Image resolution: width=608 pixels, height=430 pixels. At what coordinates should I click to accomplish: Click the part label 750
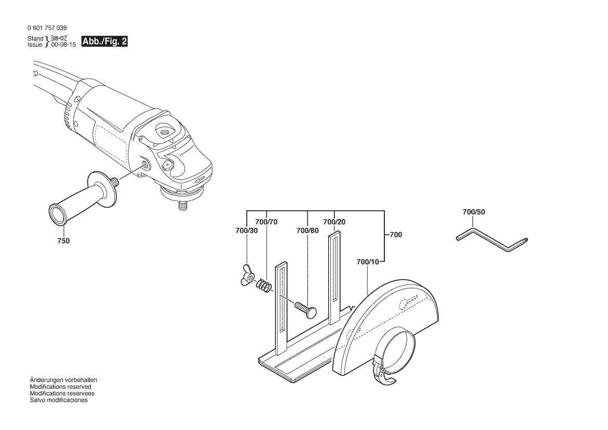[x=63, y=241]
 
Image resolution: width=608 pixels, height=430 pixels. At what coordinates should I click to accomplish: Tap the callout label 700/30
[x=246, y=231]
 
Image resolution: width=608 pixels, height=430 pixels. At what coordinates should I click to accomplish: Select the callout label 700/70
[x=267, y=222]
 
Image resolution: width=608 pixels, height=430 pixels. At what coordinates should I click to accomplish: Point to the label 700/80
[x=307, y=231]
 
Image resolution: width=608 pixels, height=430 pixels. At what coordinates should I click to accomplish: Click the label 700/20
[x=334, y=222]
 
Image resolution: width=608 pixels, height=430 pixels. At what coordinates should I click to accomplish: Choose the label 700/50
[x=473, y=212]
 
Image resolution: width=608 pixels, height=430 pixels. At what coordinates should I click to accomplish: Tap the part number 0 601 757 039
[x=46, y=28]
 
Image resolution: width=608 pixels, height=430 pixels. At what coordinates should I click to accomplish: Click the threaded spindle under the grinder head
[x=183, y=205]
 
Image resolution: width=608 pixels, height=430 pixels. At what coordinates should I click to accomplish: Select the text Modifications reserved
[x=60, y=387]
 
